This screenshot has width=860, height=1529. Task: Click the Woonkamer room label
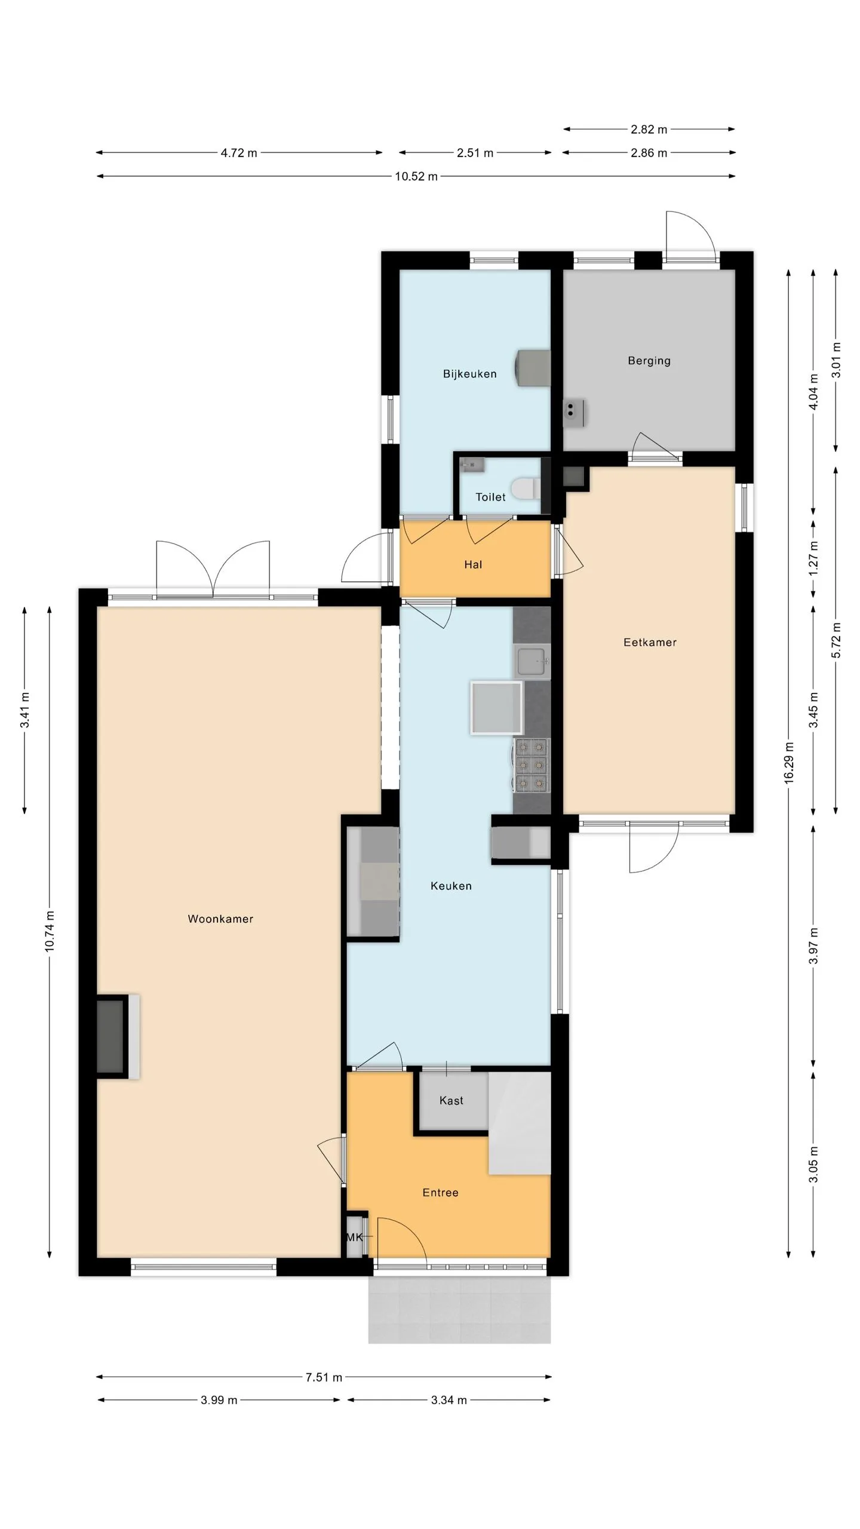pos(220,919)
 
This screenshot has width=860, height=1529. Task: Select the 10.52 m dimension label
pos(416,176)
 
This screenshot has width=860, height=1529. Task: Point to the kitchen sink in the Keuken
pos(532,661)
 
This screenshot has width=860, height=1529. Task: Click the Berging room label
pos(649,361)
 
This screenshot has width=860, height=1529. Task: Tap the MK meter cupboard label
pos(354,1237)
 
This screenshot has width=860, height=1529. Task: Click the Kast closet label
pos(451,1100)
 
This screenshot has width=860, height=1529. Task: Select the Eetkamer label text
pos(650,643)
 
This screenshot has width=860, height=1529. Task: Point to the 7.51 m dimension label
pos(324,1377)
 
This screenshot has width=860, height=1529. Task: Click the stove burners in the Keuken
pos(532,765)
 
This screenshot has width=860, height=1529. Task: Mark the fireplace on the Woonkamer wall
pos(118,1037)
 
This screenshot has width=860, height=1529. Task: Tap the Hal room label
pos(473,564)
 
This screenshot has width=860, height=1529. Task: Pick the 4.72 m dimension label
pos(239,153)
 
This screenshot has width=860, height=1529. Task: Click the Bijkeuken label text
pos(469,374)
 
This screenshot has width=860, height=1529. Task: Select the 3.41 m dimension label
pos(25,710)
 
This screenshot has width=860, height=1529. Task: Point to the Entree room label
pos(440,1193)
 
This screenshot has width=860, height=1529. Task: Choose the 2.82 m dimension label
pos(649,129)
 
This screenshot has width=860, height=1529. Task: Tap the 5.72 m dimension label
pos(837,640)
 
